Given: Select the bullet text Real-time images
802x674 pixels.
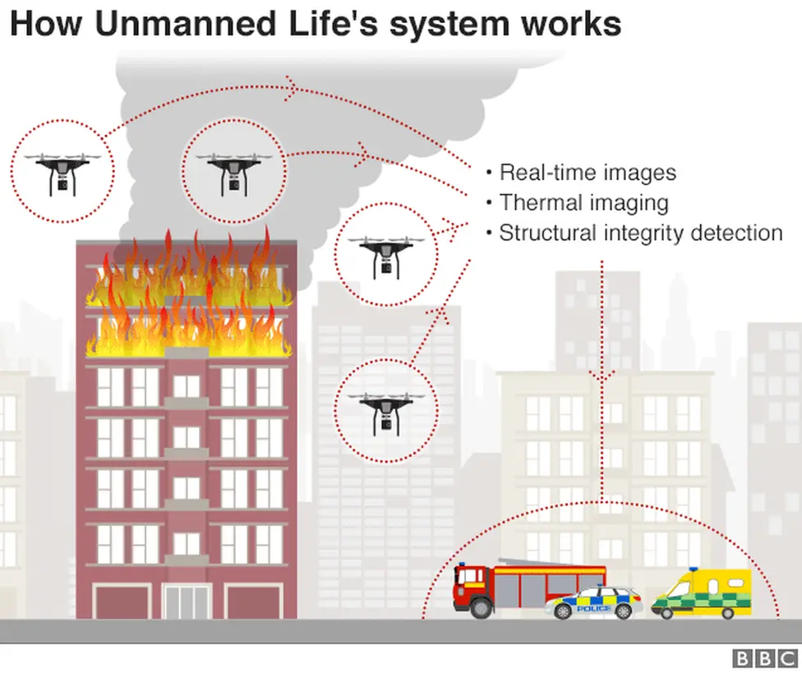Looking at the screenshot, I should [x=588, y=173].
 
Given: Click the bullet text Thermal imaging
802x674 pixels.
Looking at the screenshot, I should [x=583, y=202].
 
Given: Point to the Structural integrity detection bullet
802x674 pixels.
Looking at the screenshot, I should [x=640, y=233].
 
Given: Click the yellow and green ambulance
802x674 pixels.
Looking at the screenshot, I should [x=703, y=593].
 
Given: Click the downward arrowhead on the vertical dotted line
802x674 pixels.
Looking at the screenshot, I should [x=602, y=377].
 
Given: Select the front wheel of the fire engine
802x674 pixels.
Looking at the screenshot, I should [x=481, y=606].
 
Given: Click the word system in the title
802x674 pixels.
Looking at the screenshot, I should [x=448, y=25].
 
